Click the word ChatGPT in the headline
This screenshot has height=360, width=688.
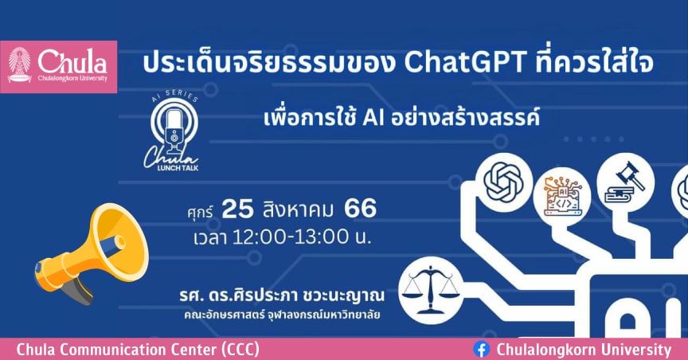click(x=465, y=62)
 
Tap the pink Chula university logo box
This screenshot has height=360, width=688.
click(x=58, y=67)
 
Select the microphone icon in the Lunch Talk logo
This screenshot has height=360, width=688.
click(x=174, y=130)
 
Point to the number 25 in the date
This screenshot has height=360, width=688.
click(x=238, y=209)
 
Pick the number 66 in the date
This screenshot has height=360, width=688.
click(x=360, y=208)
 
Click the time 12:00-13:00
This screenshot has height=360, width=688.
click(x=291, y=237)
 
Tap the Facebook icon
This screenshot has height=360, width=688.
click(x=481, y=350)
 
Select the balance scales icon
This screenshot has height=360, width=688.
click(x=431, y=289)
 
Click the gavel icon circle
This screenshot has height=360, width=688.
click(x=625, y=182)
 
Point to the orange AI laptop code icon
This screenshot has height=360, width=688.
click(x=562, y=196)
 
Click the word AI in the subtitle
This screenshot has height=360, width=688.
click(x=373, y=119)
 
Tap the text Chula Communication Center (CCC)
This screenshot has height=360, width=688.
click(x=138, y=350)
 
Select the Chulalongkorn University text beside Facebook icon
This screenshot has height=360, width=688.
click(x=584, y=350)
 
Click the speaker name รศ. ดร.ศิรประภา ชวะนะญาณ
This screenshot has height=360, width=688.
click(x=282, y=295)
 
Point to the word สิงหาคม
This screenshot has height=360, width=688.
click(x=299, y=209)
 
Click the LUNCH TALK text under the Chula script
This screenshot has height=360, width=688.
click(x=178, y=168)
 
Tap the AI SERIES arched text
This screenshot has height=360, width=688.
click(x=174, y=96)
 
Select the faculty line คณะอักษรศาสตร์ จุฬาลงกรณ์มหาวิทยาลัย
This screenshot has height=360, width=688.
click(x=282, y=315)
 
